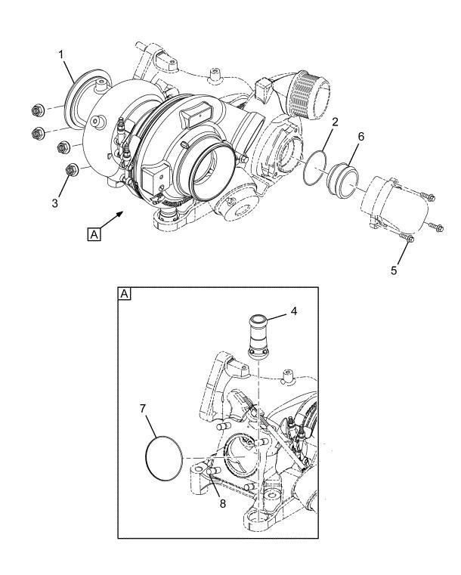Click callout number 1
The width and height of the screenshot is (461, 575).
61,55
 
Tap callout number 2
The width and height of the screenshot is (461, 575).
336,122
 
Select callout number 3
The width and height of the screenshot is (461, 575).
55,203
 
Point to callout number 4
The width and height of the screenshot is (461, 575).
293,311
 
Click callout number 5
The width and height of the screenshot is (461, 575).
394,270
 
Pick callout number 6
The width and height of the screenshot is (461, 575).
361,137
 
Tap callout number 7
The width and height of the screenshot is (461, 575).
143,409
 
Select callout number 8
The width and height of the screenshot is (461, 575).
223,503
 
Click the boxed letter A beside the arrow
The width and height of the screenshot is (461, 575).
94,234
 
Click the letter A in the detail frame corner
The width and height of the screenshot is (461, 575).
125,294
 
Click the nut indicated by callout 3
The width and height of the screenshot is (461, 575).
70,170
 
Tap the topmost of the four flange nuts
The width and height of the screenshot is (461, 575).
38,110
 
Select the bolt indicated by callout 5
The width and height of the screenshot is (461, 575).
407,238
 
